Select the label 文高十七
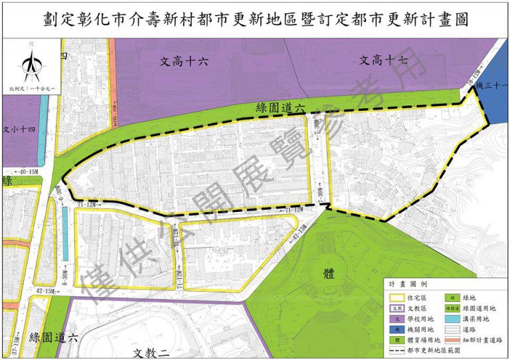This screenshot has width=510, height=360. pos(383,60)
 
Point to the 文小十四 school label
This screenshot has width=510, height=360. pos(19,130)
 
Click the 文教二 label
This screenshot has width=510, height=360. pos(152,353)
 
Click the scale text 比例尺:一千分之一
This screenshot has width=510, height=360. pos(28,88)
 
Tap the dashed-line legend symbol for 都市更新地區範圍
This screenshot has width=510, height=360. pos(397,350)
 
